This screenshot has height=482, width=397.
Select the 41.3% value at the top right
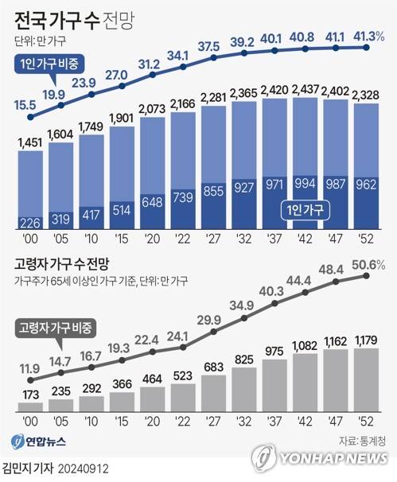(368, 36)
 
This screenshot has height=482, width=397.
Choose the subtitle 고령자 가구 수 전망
(69, 263)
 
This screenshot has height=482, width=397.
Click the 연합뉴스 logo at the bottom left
(41, 441)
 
